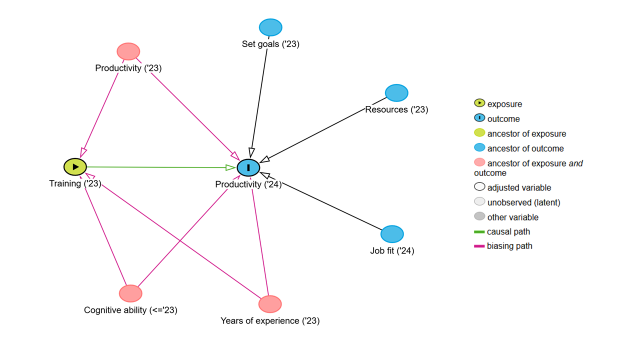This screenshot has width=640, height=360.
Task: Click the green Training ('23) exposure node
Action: tap(75, 167)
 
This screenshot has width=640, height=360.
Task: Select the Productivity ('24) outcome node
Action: tap(248, 167)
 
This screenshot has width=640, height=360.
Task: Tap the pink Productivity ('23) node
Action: tap(128, 51)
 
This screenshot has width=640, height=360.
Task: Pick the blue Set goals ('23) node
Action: tap(270, 27)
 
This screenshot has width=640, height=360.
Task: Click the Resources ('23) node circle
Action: tap(396, 93)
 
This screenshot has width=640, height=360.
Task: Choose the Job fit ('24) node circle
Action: tap(392, 234)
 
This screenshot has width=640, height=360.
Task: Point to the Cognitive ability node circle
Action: tap(130, 293)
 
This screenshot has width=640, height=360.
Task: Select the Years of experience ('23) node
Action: tap(270, 304)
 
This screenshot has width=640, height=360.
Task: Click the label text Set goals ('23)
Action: tap(270, 44)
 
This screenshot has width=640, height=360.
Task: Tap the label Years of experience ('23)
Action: tap(270, 321)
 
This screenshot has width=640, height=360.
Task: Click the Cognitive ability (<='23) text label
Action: tap(130, 310)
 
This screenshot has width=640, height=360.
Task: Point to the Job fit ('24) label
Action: tap(392, 251)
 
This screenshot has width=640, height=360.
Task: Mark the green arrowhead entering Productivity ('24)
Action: tap(230, 167)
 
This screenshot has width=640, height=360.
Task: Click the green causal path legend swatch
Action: tap(479, 231)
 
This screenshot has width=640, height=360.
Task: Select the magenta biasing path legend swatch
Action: tap(479, 246)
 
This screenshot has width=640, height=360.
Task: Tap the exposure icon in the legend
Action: tap(479, 103)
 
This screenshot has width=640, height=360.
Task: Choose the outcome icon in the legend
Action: tap(479, 117)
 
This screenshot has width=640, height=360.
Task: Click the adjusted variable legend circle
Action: tap(479, 186)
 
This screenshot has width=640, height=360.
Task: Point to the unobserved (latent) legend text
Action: tap(523, 202)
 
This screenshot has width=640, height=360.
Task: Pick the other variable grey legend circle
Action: tap(479, 216)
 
